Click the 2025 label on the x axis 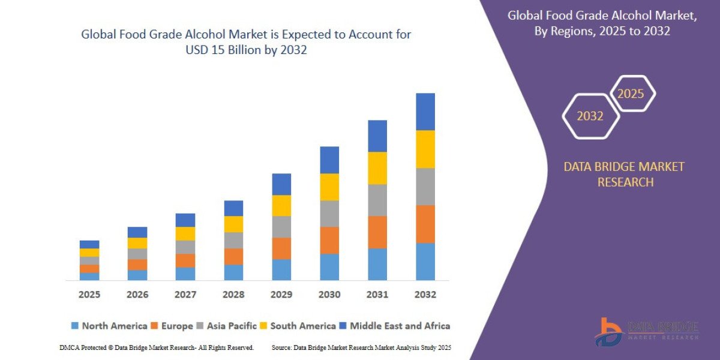(x=89, y=295)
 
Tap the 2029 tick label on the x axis (x=281, y=295)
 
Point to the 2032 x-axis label (x=425, y=295)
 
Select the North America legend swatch (x=75, y=326)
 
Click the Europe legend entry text (x=176, y=326)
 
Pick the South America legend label (x=302, y=326)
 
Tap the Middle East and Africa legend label (x=400, y=326)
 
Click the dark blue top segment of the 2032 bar (x=425, y=112)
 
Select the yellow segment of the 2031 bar (x=377, y=168)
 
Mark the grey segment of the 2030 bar (x=329, y=214)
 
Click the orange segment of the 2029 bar (x=281, y=248)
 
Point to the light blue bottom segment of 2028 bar (x=233, y=272)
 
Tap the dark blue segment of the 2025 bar (x=89, y=244)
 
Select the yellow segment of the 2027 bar (x=185, y=233)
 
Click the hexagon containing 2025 (x=631, y=94)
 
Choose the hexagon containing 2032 (x=590, y=116)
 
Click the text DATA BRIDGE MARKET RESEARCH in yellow (x=624, y=174)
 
